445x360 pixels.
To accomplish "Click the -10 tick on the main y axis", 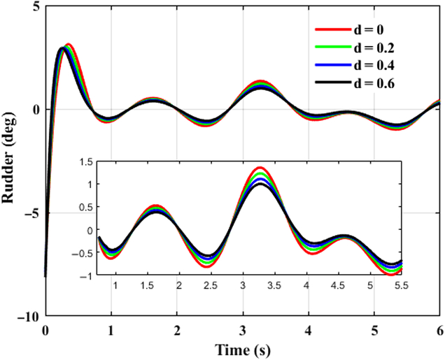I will point(31,316).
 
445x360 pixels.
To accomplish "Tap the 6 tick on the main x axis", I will point(439,330).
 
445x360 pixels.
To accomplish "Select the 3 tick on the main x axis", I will point(242,330).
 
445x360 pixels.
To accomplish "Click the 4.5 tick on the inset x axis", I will point(339,285).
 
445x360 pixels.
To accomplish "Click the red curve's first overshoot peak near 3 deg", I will point(69,45).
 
